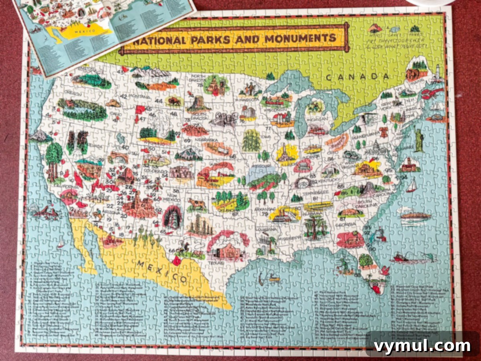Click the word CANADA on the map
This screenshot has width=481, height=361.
pos(357,77)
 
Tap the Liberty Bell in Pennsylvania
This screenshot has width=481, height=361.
pos(384,132)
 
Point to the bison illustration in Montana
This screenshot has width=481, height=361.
pos(174,100)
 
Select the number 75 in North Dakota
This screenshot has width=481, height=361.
pos(199,85)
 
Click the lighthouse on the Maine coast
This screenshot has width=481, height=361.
pos(438,72)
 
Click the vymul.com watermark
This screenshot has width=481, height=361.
pos(422,346)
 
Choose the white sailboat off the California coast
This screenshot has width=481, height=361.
pos(61,243)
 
